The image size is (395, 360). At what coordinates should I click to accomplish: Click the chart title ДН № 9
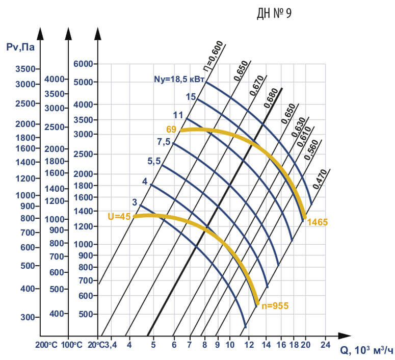(x=274, y=14)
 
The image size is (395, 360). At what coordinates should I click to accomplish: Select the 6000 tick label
(x=85, y=64)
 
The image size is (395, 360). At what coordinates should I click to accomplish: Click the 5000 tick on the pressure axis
(x=85, y=82)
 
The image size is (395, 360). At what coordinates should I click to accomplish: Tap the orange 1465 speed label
(x=317, y=222)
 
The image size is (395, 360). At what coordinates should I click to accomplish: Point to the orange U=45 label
(x=119, y=216)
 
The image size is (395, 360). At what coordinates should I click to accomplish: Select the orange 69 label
(x=171, y=130)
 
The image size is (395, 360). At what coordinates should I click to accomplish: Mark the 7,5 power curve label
(x=164, y=141)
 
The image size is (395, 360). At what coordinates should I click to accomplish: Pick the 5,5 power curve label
(x=154, y=161)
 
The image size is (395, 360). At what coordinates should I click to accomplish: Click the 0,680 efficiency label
(x=271, y=98)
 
